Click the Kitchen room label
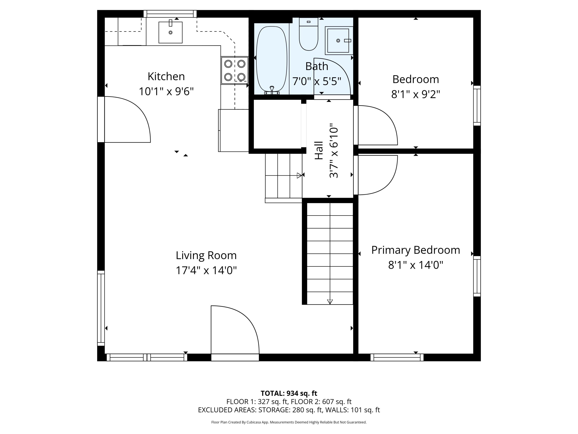click(x=166, y=76)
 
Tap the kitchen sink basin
click(x=170, y=32)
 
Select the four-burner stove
click(x=235, y=70)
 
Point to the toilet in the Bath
click(x=309, y=37)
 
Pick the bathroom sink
click(x=338, y=40)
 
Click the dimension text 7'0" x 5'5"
click(x=317, y=81)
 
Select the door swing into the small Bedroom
click(x=376, y=126)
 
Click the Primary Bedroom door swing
click(x=376, y=175)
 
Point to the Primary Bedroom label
click(x=415, y=250)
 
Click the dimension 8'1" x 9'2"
click(x=415, y=94)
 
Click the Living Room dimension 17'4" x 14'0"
click(x=206, y=270)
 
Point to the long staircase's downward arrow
click(x=330, y=302)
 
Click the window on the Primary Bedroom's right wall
click(x=477, y=276)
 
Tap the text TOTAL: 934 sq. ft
click(x=289, y=393)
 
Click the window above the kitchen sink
click(x=170, y=14)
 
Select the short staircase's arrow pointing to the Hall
click(x=299, y=176)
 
